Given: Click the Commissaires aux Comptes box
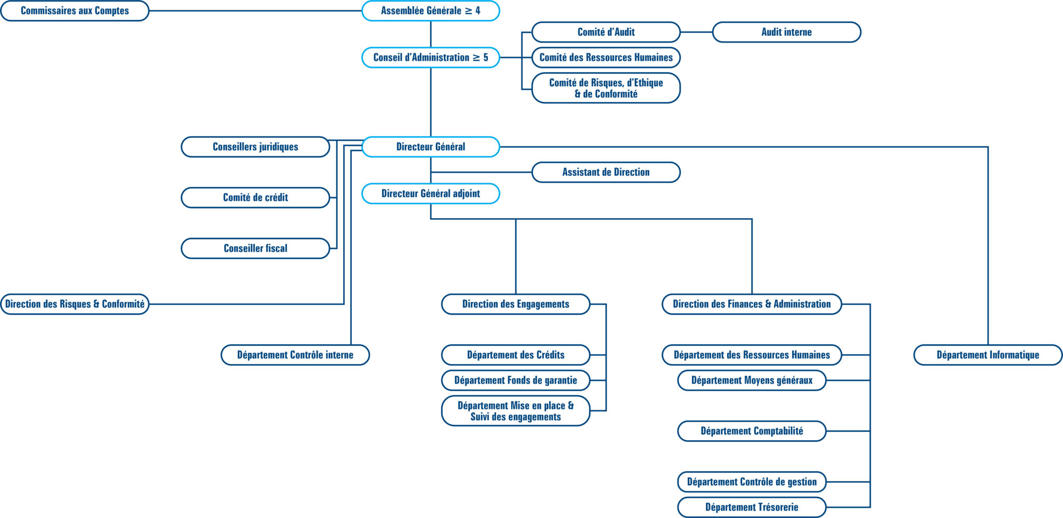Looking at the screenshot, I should (x=75, y=11).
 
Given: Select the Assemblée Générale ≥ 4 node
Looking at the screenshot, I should (x=430, y=11).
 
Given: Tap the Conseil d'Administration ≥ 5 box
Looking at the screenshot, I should (x=430, y=58).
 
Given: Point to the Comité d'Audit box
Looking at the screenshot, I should (x=606, y=32).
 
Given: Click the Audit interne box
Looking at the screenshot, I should (x=786, y=32).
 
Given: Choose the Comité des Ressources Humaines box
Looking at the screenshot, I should (x=606, y=58).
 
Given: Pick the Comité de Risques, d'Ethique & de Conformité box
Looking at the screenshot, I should (x=606, y=88).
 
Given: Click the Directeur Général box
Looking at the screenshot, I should (x=430, y=147).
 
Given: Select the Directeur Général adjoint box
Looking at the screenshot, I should (x=430, y=194).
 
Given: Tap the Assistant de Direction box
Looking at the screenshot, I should (x=606, y=172).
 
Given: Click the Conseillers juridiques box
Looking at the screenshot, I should (x=255, y=147).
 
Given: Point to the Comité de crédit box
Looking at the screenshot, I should (x=255, y=198).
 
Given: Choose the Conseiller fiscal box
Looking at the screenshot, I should (x=255, y=249).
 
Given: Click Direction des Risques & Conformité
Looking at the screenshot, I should (x=75, y=304).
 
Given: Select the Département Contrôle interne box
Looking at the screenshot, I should (x=295, y=355).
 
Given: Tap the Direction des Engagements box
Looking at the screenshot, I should (x=515, y=304).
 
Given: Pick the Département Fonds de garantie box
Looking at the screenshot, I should (x=515, y=380).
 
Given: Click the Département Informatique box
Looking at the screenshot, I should (x=988, y=355).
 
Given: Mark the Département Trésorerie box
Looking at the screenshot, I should (x=752, y=507).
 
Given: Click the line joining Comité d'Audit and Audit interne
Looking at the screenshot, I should (x=696, y=32).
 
